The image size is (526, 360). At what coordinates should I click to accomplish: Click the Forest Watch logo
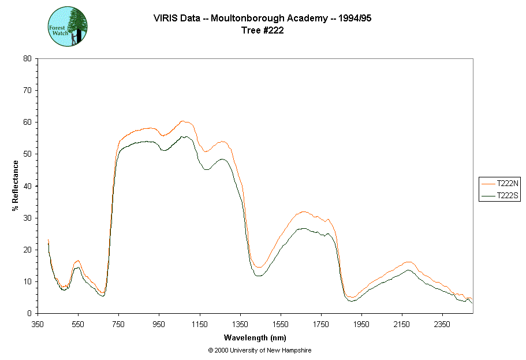point(68,27)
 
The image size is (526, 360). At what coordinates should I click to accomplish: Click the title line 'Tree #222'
point(262,31)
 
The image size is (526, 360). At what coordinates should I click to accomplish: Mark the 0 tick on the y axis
point(29,314)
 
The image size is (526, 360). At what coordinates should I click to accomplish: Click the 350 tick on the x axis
point(38,324)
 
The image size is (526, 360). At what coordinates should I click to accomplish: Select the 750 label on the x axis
point(118,324)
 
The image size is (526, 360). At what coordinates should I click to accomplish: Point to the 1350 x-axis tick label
point(240,324)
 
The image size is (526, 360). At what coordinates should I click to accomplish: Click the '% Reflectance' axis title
point(16,185)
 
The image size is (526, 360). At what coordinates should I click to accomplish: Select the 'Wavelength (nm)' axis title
point(255,337)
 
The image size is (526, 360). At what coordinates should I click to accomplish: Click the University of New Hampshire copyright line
point(260,350)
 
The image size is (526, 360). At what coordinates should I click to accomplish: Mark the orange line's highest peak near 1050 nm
point(182,121)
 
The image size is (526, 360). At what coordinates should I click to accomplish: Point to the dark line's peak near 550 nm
point(77,267)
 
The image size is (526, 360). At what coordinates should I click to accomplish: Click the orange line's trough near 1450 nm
point(259,268)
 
